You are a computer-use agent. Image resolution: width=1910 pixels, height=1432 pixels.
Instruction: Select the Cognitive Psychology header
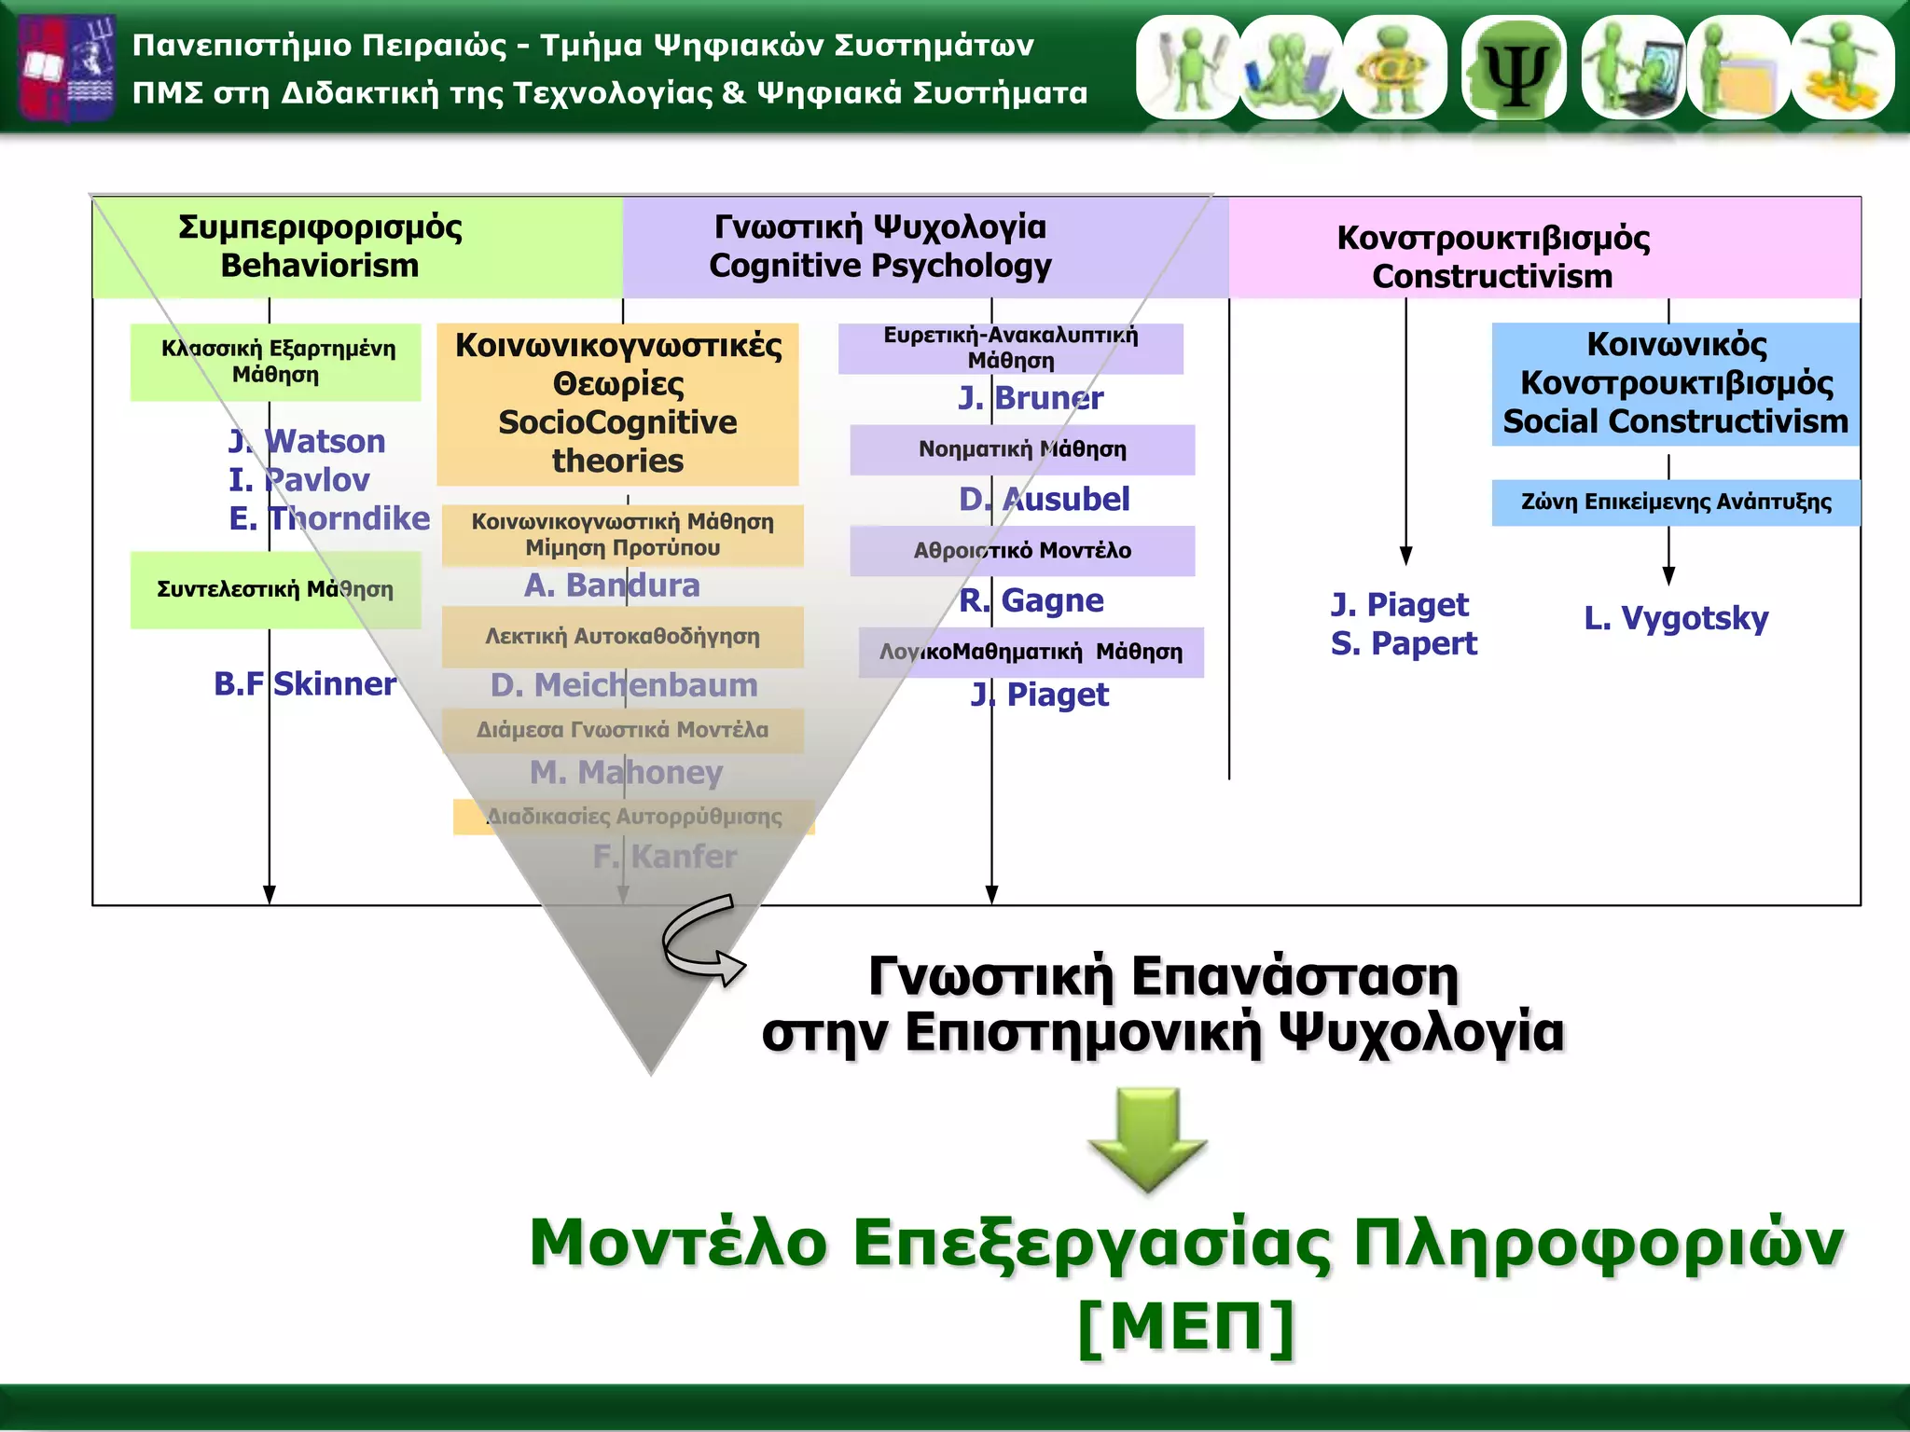click(879, 247)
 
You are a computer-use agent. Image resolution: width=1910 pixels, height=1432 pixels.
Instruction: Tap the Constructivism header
click(1492, 256)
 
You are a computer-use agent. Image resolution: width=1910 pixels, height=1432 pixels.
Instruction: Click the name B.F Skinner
click(305, 683)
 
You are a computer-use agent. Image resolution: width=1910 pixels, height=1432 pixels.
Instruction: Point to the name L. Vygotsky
click(1676, 618)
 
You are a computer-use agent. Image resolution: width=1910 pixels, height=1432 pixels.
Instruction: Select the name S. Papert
click(1404, 643)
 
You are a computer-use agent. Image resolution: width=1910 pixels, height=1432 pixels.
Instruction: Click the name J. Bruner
click(1031, 398)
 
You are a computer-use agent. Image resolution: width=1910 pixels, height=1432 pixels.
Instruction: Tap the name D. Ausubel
click(1044, 499)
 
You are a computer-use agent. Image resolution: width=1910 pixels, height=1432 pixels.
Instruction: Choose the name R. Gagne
click(1031, 600)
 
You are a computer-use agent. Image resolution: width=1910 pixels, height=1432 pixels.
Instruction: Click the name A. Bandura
click(612, 585)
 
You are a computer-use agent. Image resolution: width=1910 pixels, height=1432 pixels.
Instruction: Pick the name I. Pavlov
click(298, 479)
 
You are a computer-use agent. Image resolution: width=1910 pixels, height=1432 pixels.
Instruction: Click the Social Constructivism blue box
click(1675, 383)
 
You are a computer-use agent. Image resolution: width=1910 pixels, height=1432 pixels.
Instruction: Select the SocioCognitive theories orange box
click(617, 403)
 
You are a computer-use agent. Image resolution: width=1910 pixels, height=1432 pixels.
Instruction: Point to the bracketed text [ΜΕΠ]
click(1186, 1326)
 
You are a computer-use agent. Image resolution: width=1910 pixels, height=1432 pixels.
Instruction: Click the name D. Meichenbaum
click(624, 685)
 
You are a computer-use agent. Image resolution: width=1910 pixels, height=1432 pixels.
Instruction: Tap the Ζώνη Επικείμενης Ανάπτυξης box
click(1675, 503)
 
